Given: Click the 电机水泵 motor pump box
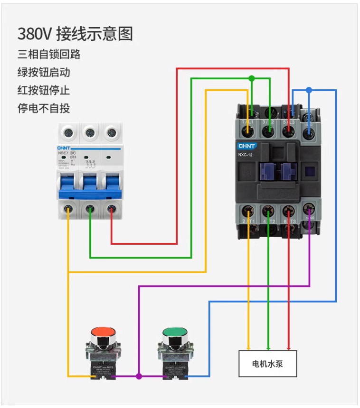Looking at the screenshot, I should click(267, 364).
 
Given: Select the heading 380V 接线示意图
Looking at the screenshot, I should click(75, 34).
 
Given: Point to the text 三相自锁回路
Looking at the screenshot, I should click(49, 55).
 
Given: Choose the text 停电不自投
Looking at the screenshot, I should click(44, 108).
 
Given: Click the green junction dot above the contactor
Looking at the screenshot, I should click(252, 78).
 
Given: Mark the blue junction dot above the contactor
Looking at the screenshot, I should click(309, 90).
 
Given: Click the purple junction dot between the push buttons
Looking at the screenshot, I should click(139, 376).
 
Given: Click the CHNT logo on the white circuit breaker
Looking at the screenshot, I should click(64, 148).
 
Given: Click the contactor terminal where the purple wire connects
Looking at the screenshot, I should click(309, 209).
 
